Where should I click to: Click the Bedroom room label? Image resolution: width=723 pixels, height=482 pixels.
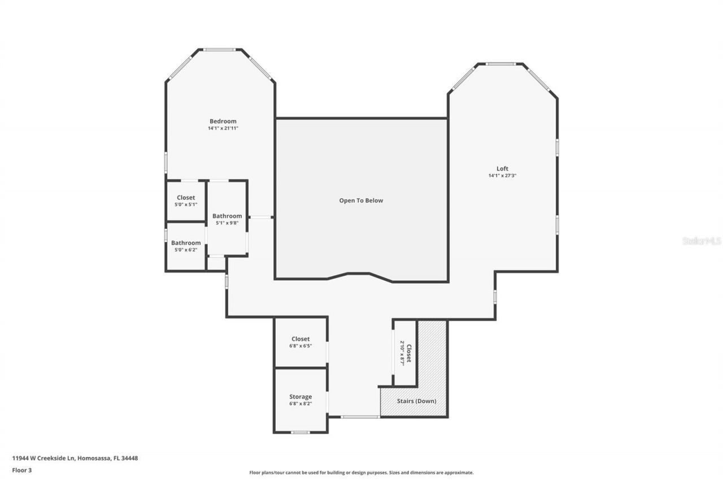point(223,121)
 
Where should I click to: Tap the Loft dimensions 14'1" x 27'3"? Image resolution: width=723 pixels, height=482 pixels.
point(502,176)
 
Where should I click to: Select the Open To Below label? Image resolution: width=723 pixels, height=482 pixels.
point(361,201)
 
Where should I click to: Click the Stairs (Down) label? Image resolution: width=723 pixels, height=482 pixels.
point(416,401)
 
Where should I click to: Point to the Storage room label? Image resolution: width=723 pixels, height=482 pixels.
point(300,397)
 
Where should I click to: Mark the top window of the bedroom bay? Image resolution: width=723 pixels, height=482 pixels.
point(220,50)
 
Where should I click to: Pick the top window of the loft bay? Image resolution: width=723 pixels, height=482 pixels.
point(500,64)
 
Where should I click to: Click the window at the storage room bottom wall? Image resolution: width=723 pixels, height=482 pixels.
point(300,432)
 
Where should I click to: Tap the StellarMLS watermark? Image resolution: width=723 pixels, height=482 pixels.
point(702,241)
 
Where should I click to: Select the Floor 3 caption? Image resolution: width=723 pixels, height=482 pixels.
point(21,470)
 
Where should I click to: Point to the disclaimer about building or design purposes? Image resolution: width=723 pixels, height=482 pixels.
point(361,472)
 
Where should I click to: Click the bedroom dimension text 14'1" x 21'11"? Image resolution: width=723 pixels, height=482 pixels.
point(223,128)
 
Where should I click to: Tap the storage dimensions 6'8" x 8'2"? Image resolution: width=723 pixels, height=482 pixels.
point(300,404)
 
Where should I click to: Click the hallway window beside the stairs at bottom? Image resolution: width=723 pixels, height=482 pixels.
point(360,417)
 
